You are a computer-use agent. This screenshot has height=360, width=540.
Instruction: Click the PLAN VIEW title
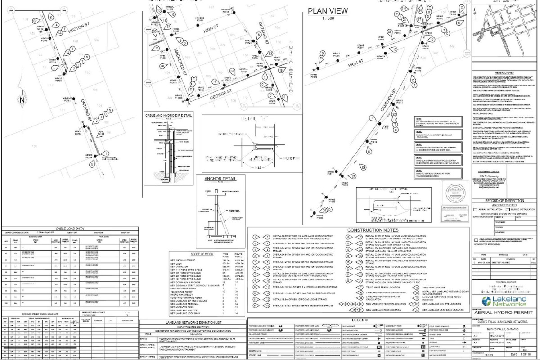(x=328, y=11)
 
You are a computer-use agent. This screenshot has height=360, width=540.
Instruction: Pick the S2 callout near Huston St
(x=35, y=21)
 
